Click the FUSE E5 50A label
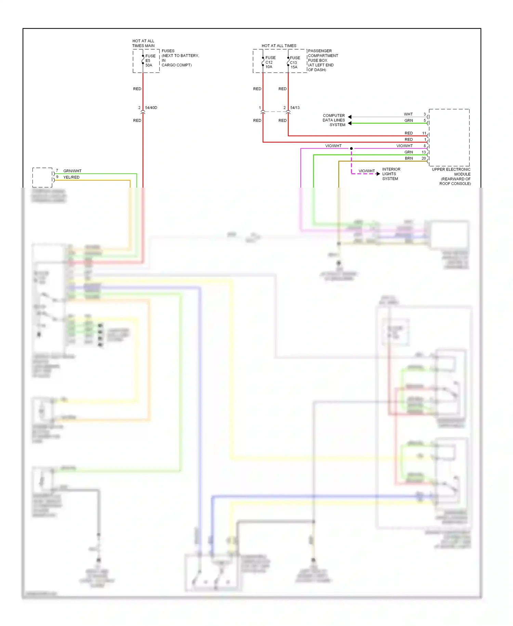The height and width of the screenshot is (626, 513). coord(150,61)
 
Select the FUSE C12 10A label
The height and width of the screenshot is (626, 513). coord(270,62)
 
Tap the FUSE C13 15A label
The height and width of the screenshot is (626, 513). coord(294,63)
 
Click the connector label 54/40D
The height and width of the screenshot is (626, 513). coord(151,108)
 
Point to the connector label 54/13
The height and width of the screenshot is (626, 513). coord(295,108)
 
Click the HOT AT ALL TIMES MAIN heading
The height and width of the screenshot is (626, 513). coord(143,43)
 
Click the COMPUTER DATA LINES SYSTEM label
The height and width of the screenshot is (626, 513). coord(334,120)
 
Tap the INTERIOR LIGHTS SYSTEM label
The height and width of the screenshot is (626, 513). coord(391,174)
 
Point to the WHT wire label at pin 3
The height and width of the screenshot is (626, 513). coord(408,114)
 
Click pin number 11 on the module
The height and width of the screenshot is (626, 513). coord(424,133)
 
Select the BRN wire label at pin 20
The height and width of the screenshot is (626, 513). coord(409,159)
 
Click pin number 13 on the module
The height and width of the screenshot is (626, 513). coord(424,152)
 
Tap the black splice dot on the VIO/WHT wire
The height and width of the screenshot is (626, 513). coord(351,148)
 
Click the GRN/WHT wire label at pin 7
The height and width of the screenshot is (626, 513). coord(72,171)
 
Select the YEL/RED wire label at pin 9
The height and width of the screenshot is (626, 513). coord(71,177)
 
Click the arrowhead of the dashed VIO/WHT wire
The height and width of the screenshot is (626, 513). coord(378,174)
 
